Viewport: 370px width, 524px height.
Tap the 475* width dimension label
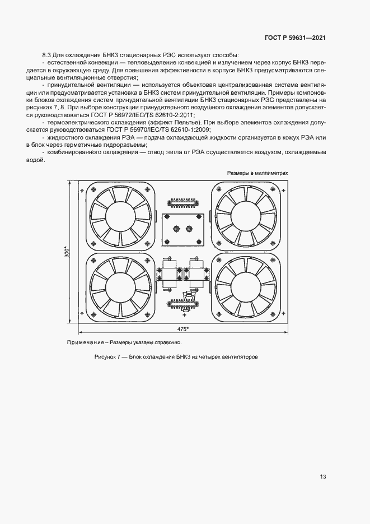coord(182,329)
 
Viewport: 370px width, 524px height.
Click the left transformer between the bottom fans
coord(167,271)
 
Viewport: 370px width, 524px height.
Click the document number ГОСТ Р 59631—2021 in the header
coord(295,37)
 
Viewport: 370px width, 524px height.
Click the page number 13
coord(323,477)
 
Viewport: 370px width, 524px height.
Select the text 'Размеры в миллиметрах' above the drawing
coord(257,173)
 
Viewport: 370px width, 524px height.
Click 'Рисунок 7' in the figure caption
coord(110,357)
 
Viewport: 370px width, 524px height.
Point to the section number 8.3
coord(47,55)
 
